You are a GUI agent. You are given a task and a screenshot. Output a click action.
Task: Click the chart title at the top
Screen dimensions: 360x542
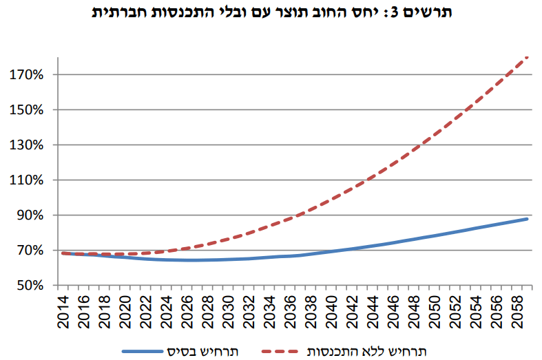(x=271, y=12)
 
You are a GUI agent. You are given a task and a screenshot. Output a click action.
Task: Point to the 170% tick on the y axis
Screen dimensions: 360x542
(x=28, y=74)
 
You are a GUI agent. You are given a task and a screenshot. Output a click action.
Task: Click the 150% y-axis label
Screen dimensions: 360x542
(x=28, y=110)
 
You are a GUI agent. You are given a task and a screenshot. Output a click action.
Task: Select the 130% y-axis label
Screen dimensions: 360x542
(x=28, y=145)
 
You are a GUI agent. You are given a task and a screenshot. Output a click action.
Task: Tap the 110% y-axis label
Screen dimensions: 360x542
(x=28, y=180)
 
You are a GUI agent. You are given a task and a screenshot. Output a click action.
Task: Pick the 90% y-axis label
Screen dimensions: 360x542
(x=31, y=215)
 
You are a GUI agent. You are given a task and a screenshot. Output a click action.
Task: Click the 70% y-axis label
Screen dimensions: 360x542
(x=31, y=251)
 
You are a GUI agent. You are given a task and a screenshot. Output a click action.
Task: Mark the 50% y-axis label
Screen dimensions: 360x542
(x=31, y=285)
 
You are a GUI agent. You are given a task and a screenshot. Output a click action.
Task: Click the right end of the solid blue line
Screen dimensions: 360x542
(x=527, y=219)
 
